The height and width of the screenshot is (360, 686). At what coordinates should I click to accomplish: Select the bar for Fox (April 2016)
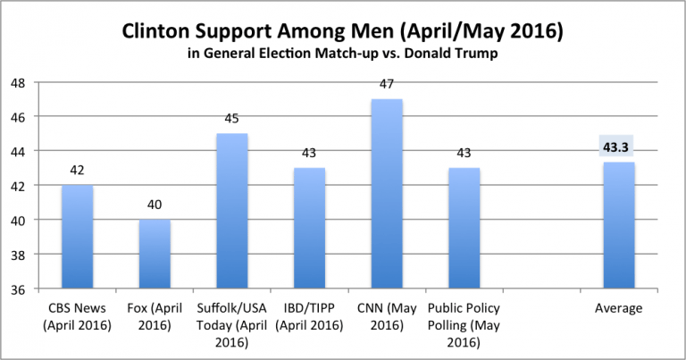(155, 254)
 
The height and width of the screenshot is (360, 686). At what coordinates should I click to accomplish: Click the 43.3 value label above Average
(617, 148)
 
